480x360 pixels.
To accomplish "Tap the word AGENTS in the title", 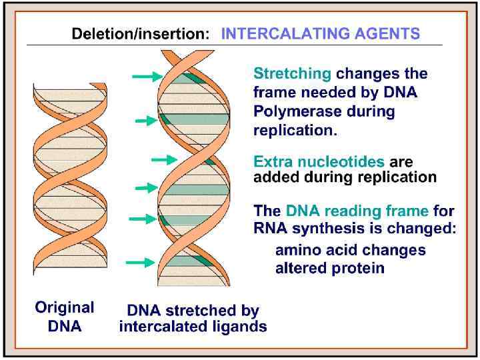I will click(389, 34).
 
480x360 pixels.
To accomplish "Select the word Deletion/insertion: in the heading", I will click(143, 34).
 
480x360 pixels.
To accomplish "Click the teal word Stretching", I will click(292, 74).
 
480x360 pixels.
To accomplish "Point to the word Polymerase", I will click(291, 111).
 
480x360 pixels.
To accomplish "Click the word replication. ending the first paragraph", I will click(295, 130).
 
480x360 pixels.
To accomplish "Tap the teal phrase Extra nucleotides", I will click(319, 162).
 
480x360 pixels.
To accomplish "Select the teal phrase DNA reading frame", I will click(357, 211).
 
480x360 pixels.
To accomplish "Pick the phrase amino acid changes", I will click(350, 251).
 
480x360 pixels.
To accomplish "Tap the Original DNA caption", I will click(65, 317).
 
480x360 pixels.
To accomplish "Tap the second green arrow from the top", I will click(145, 121).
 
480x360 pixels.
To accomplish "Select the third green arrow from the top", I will click(163, 160).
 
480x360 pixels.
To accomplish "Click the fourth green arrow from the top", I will click(146, 189).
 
